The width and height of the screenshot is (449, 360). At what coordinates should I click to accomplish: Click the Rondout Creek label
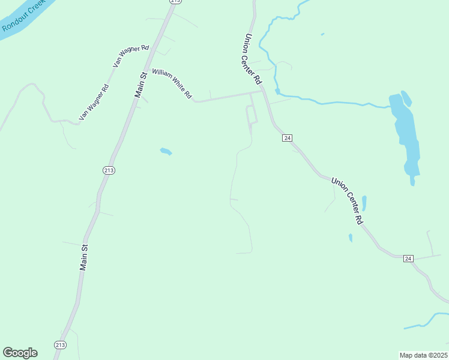25,16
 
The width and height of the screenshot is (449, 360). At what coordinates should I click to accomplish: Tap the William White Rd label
172,83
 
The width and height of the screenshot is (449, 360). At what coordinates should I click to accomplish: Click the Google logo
20,353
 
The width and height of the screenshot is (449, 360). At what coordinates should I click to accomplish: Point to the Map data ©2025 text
423,355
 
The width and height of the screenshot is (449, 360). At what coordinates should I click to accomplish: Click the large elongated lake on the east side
405,135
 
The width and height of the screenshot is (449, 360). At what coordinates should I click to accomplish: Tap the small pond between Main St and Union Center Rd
166,151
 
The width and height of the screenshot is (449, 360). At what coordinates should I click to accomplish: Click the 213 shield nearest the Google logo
60,344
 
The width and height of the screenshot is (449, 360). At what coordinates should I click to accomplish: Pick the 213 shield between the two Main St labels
109,170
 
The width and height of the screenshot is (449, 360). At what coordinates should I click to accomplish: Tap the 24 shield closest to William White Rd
288,138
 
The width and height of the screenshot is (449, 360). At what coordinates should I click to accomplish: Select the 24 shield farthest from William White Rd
408,258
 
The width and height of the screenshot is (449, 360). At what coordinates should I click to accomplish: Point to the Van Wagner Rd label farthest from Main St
94,101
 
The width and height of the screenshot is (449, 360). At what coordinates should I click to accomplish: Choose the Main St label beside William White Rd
141,85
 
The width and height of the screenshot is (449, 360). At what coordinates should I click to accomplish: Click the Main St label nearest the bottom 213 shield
85,257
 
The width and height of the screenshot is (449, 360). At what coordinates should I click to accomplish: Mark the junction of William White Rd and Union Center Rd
262,92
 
